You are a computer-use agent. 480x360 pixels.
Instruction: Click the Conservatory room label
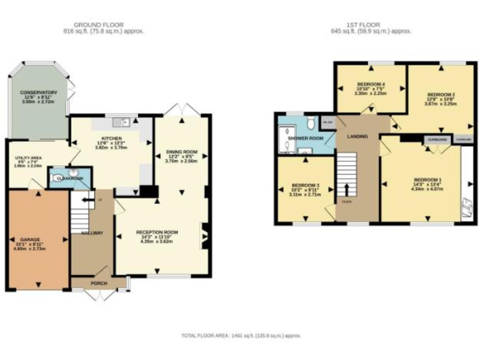pyautogui.click(x=38, y=92)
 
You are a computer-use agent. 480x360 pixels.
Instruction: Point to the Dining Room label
pyautogui.click(x=182, y=151)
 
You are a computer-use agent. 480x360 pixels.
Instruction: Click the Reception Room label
pyautogui.click(x=157, y=232)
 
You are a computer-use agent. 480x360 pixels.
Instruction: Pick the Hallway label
pyautogui.click(x=92, y=233)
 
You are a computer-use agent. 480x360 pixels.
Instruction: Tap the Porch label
pyautogui.click(x=99, y=282)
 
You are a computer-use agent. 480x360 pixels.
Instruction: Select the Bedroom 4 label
pyautogui.click(x=371, y=84)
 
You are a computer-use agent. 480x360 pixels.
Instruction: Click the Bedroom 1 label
pyautogui.click(x=427, y=181)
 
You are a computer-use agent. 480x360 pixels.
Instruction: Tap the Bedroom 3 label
pyautogui.click(x=306, y=186)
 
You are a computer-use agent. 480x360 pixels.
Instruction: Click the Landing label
pyautogui.click(x=357, y=136)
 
